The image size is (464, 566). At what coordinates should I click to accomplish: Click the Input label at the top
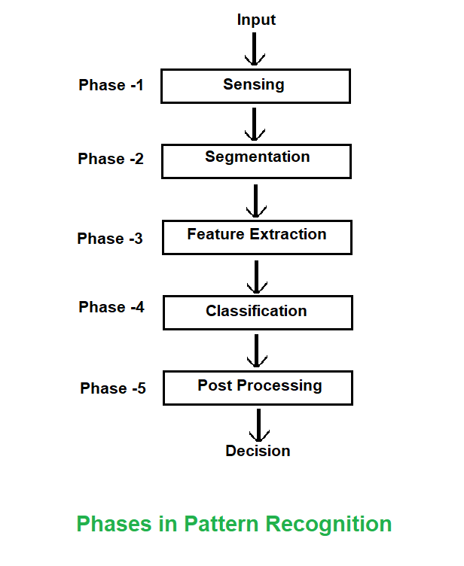click(x=256, y=20)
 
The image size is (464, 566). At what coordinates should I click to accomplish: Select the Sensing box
click(x=255, y=86)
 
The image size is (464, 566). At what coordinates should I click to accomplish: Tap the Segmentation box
click(x=257, y=161)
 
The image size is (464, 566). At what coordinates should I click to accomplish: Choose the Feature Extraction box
click(x=258, y=236)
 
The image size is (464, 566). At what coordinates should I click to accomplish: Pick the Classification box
click(x=258, y=312)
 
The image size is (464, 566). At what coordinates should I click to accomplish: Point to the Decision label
click(x=258, y=451)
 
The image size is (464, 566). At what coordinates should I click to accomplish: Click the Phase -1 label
click(x=111, y=85)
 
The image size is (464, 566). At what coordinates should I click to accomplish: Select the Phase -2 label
click(x=111, y=160)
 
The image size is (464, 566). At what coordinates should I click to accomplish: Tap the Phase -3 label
click(x=110, y=239)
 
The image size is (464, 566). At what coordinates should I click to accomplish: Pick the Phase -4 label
click(x=111, y=307)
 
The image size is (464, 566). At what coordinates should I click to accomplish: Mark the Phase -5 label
click(x=113, y=388)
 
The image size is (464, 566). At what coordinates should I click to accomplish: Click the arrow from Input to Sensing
click(x=255, y=50)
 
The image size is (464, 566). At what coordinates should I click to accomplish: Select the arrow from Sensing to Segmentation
click(x=255, y=124)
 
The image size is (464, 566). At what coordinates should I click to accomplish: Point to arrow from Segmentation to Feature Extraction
click(x=256, y=200)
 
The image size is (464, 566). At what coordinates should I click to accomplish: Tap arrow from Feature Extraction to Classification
click(x=257, y=276)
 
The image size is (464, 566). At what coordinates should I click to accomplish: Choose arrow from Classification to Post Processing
click(x=258, y=351)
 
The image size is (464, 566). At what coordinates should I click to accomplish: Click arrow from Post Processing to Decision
click(x=259, y=425)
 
